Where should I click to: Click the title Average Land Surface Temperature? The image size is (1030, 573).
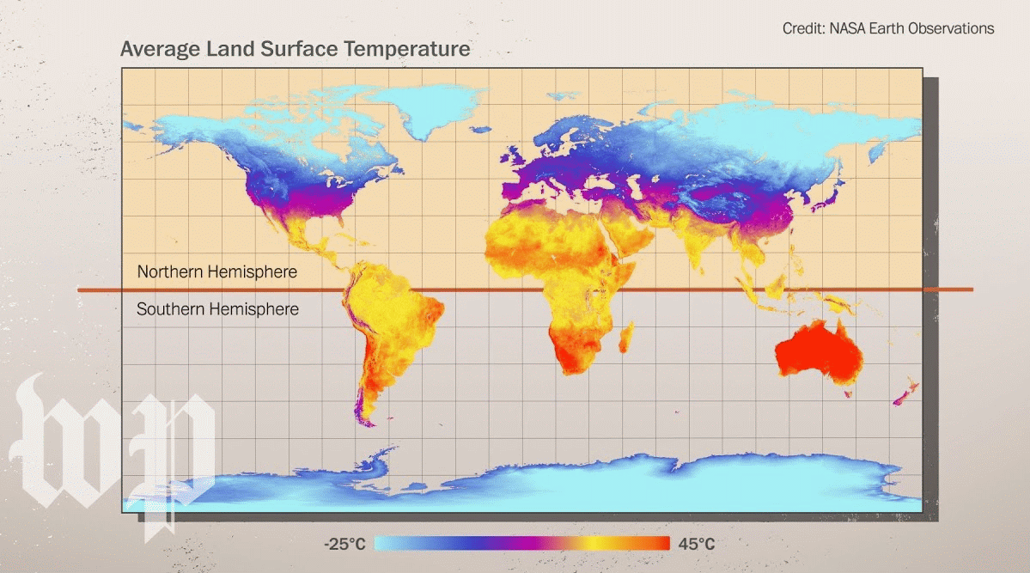(x=295, y=49)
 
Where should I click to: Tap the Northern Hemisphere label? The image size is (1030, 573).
(x=216, y=272)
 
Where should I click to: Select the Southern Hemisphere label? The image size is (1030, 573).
(x=217, y=308)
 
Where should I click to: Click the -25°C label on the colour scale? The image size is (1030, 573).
(x=344, y=544)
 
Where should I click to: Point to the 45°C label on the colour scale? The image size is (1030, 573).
(x=696, y=544)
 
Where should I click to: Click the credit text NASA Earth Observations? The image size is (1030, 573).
(x=887, y=28)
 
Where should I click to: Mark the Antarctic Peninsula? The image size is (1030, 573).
(x=374, y=455)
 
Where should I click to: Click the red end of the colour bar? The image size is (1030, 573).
(x=661, y=544)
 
